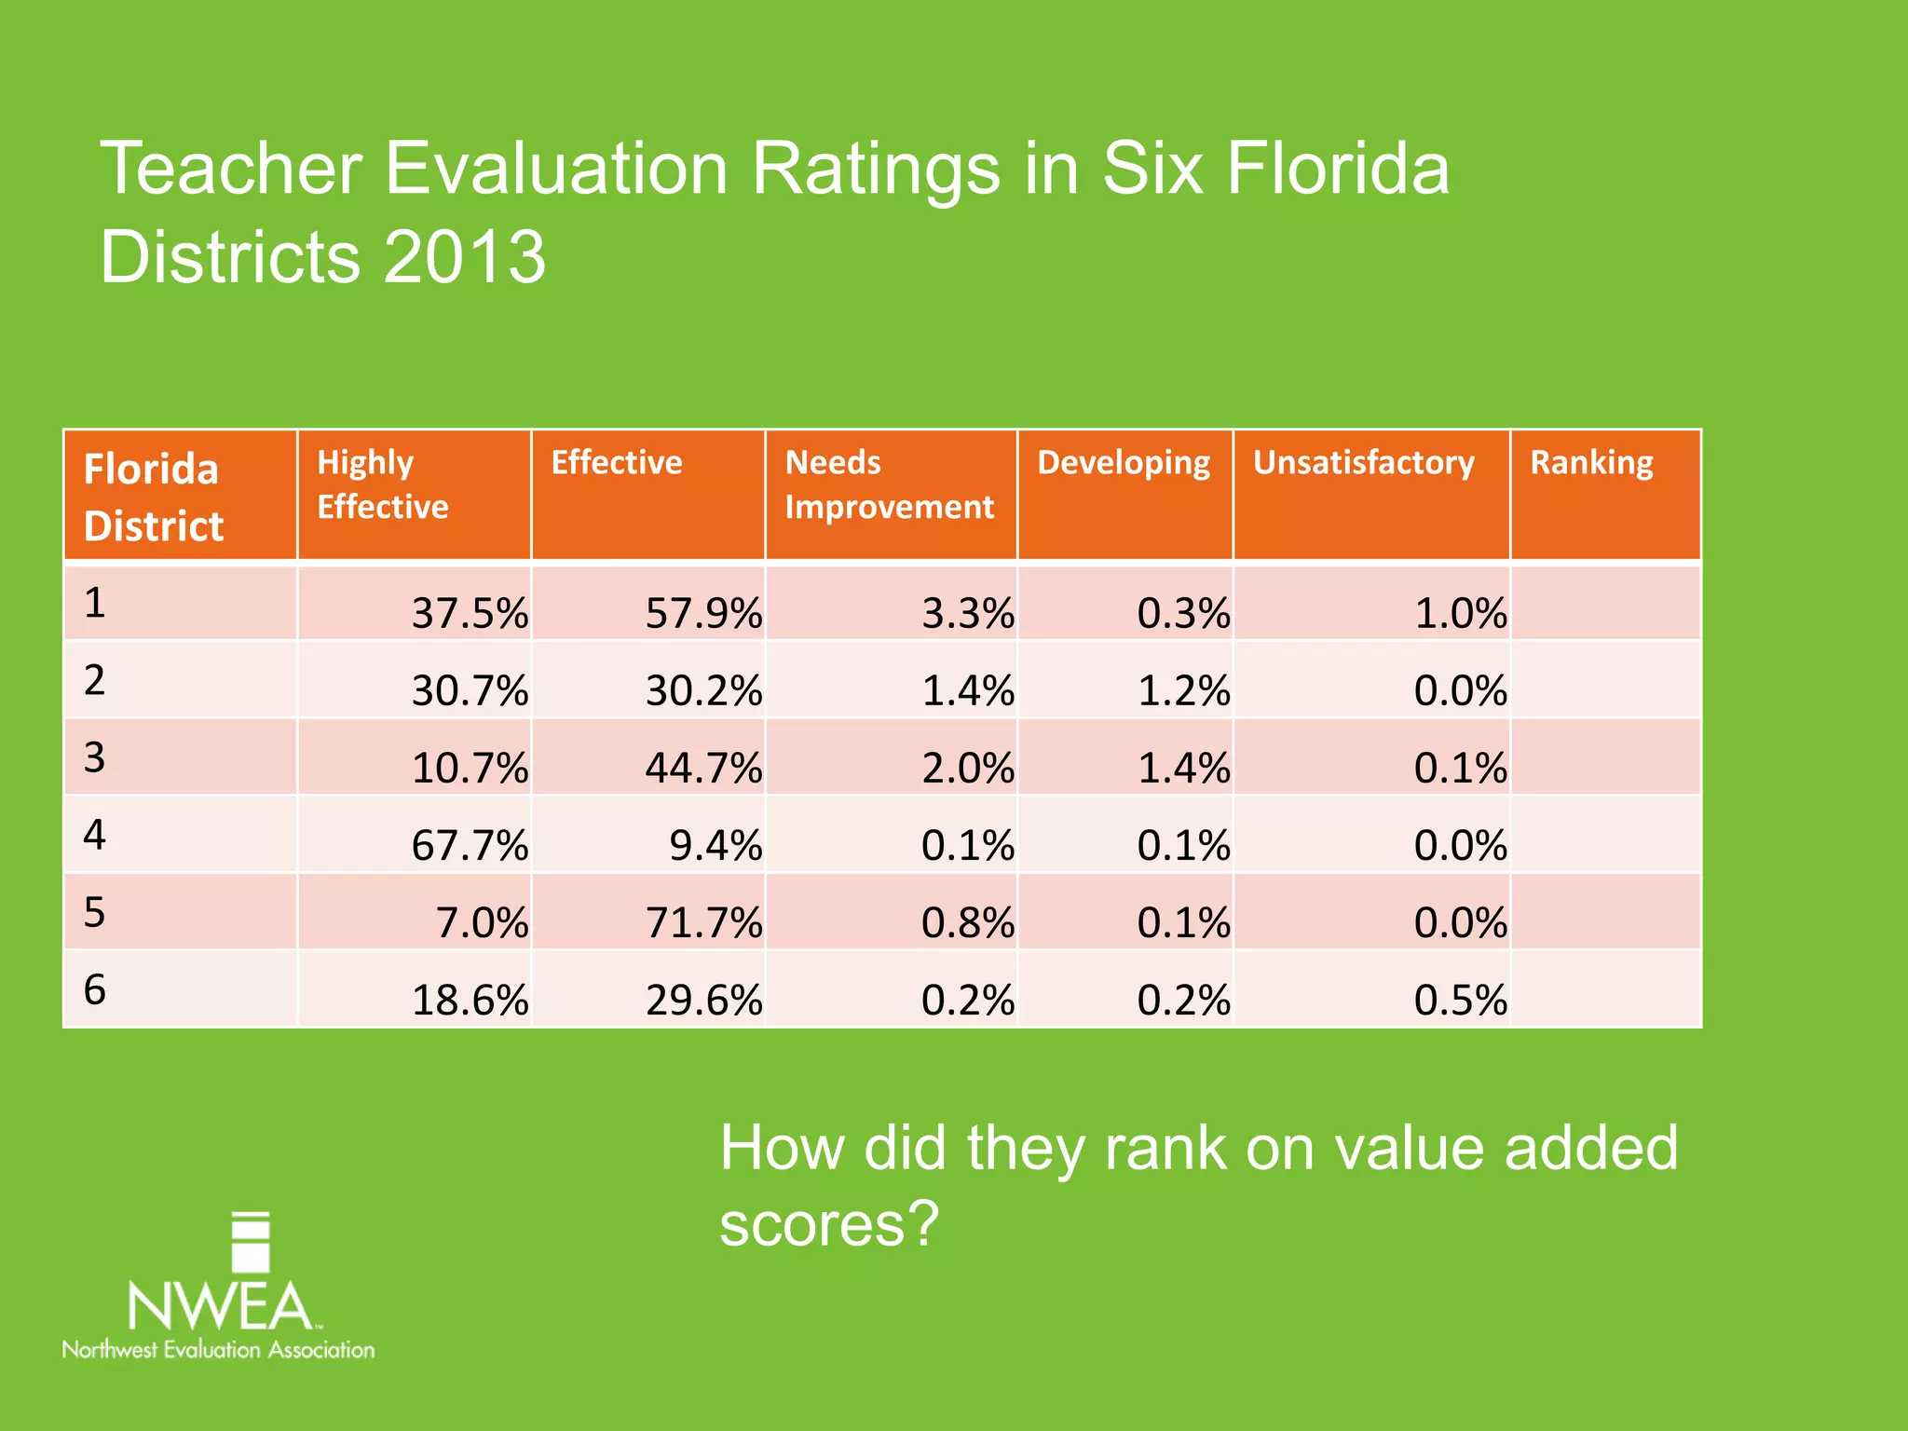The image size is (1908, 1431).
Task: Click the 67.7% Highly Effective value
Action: [470, 845]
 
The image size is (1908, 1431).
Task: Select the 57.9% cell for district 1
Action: [703, 613]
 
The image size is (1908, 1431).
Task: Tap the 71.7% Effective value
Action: [703, 922]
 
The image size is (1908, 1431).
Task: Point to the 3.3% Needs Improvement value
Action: [967, 613]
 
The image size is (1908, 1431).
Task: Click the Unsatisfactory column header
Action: [1363, 463]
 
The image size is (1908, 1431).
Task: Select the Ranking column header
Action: [1591, 463]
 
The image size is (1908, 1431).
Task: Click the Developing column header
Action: [1124, 463]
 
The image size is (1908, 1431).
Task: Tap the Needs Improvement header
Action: [889, 484]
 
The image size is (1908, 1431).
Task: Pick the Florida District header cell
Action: [154, 497]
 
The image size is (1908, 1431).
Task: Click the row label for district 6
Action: [95, 989]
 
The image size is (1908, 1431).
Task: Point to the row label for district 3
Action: [95, 757]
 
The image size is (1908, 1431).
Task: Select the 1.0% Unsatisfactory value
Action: [1460, 613]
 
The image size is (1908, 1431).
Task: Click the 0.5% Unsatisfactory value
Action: [1460, 1000]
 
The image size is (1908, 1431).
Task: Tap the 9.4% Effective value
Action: [715, 845]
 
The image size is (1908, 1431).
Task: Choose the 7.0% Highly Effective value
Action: [482, 922]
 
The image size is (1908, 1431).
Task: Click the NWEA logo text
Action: [220, 1306]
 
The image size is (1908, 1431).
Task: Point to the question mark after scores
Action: [924, 1223]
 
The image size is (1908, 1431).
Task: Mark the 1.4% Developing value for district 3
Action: [1183, 768]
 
